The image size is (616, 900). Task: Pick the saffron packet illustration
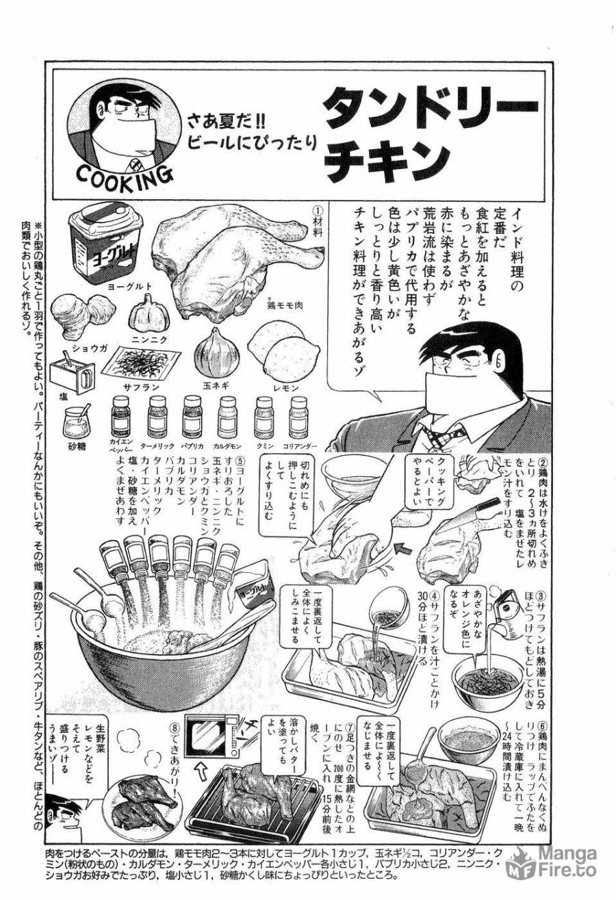tap(145, 363)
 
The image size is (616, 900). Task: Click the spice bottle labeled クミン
tap(264, 415)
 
